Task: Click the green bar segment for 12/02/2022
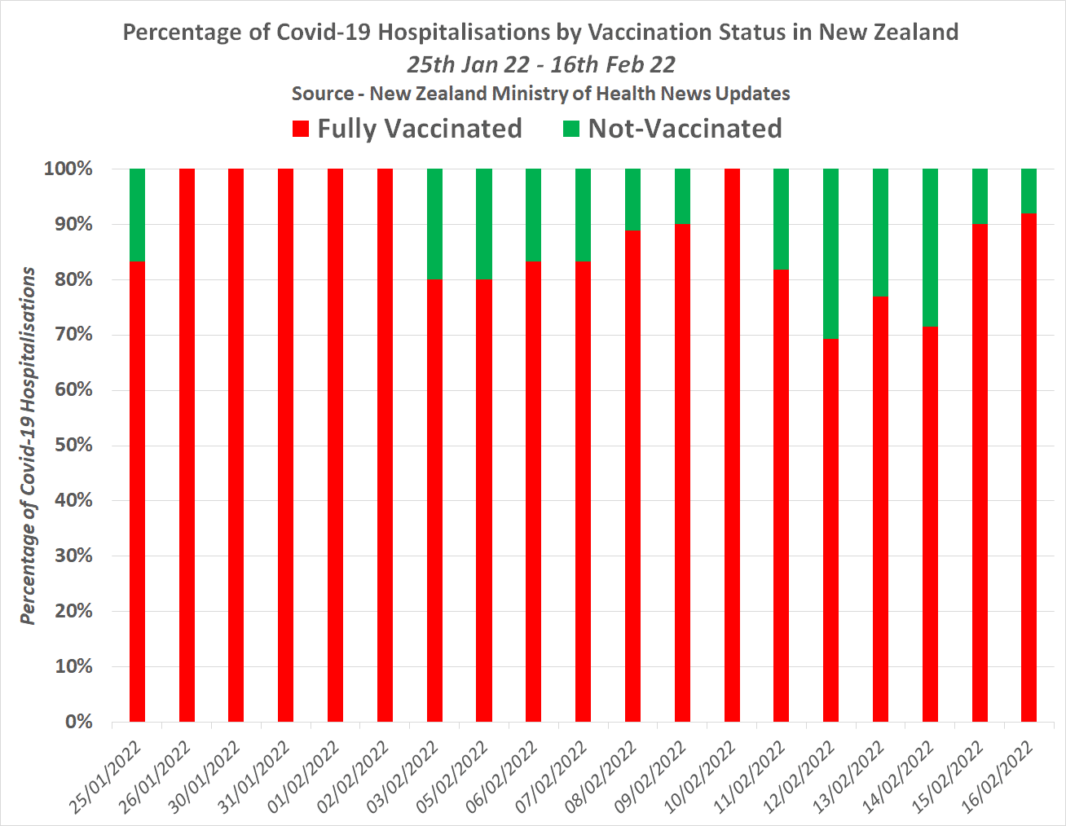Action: point(830,253)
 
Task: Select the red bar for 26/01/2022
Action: point(187,445)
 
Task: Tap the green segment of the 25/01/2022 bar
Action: point(137,215)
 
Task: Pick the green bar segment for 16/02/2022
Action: point(1029,191)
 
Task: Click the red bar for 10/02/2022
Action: point(732,445)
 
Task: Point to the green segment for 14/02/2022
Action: point(930,248)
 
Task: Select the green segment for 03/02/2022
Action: point(434,224)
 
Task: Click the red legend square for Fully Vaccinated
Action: point(301,129)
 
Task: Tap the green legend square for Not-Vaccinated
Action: point(571,129)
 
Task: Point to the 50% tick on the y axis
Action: point(73,446)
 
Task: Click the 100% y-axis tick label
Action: point(68,169)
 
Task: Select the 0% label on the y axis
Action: point(78,722)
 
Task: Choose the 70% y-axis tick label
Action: point(73,335)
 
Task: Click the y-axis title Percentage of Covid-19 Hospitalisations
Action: point(29,446)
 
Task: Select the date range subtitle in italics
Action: point(541,64)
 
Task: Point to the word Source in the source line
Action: point(322,94)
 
